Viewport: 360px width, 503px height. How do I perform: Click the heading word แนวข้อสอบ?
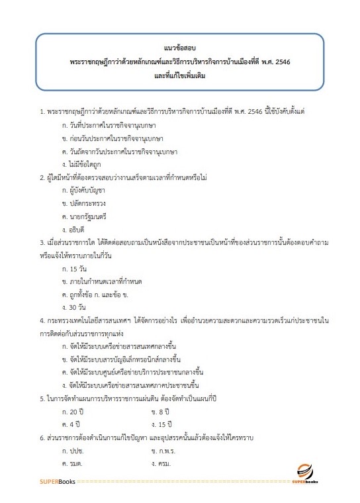tap(180, 48)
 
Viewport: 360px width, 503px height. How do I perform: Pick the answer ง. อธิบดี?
tap(75, 227)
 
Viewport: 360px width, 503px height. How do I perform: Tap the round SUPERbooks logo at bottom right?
tap(306, 474)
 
